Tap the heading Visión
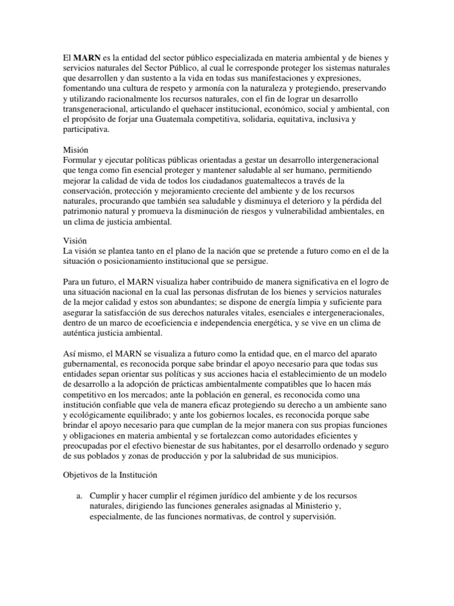(75, 241)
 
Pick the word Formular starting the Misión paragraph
(80, 160)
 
